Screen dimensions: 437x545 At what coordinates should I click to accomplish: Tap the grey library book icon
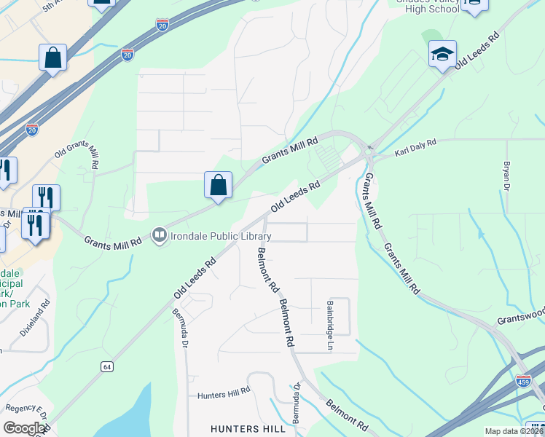[x=159, y=235]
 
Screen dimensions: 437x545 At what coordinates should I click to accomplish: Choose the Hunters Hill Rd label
[x=224, y=395]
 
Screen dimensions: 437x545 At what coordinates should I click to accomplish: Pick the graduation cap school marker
[x=442, y=54]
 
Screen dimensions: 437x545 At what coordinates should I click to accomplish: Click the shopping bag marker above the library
[x=219, y=185]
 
